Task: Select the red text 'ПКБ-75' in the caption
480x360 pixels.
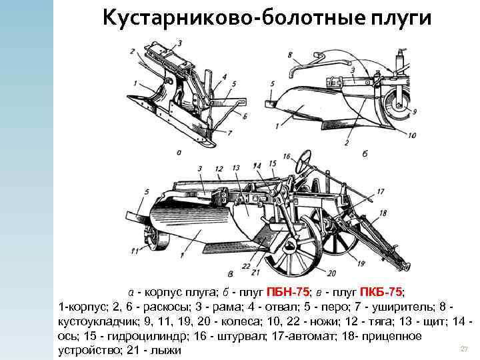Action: [x=381, y=293]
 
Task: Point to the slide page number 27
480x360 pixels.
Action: [x=465, y=349]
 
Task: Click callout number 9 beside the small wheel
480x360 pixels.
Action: [x=414, y=111]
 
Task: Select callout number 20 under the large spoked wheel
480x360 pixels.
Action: [x=331, y=273]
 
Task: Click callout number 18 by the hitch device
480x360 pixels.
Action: [x=383, y=213]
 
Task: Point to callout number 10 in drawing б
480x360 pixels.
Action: [x=411, y=136]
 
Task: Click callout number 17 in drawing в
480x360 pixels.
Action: [x=380, y=191]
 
